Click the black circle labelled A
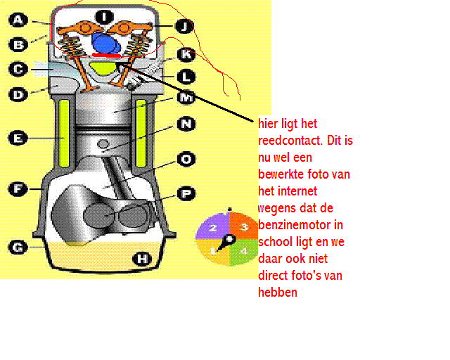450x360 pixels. (x=18, y=20)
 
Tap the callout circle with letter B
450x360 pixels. (x=18, y=45)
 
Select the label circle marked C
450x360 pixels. (x=18, y=69)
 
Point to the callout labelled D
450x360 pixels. (x=18, y=92)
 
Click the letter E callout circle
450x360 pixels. (x=18, y=139)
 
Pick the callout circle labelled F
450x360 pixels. (x=18, y=188)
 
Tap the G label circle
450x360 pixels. (x=18, y=247)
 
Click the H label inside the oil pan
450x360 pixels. (x=143, y=259)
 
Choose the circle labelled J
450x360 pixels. (x=184, y=27)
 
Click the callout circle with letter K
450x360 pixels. (x=185, y=53)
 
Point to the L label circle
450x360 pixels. (x=185, y=77)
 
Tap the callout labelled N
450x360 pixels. (x=185, y=124)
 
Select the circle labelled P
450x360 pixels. (x=185, y=191)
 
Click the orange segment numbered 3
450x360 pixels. (x=243, y=227)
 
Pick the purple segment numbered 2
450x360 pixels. (x=212, y=227)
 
